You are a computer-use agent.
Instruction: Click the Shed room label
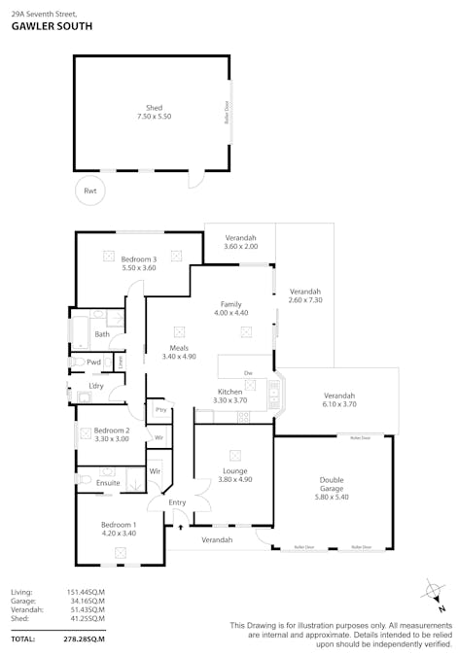(154, 107)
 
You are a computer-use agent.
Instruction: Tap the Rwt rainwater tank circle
(90, 190)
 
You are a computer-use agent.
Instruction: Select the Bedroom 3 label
(138, 259)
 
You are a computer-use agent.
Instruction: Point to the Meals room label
(179, 347)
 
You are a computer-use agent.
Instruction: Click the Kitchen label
(229, 391)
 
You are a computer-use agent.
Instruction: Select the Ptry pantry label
(159, 410)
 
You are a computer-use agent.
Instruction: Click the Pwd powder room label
(94, 363)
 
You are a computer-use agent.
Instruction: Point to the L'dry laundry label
(95, 387)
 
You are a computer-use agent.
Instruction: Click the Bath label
(102, 334)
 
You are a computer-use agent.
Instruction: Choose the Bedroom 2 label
(112, 430)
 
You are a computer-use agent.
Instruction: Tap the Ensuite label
(108, 482)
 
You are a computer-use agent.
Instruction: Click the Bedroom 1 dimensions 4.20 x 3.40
(119, 534)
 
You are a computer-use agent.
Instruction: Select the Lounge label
(234, 470)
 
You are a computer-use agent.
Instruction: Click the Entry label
(177, 502)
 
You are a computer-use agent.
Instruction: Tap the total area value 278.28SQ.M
(84, 639)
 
